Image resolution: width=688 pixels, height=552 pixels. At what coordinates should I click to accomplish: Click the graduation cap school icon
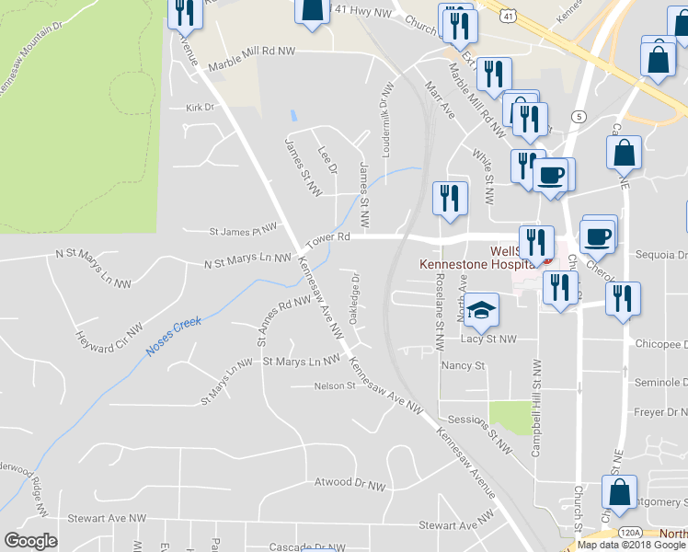point(480,311)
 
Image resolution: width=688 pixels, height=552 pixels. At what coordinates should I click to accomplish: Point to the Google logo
point(30,541)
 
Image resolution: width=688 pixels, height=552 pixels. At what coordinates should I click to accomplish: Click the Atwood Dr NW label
point(350,482)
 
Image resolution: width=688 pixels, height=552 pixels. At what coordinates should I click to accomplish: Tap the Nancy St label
point(463,365)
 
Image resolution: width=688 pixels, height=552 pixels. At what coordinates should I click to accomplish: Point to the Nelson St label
point(335,385)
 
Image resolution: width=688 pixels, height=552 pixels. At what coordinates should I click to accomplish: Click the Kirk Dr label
point(200,108)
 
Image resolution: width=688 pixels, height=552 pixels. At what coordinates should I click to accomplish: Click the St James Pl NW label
point(243,227)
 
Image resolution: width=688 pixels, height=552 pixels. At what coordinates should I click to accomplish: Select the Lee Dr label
point(327,157)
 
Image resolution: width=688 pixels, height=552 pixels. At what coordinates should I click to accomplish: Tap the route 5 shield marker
point(579,117)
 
